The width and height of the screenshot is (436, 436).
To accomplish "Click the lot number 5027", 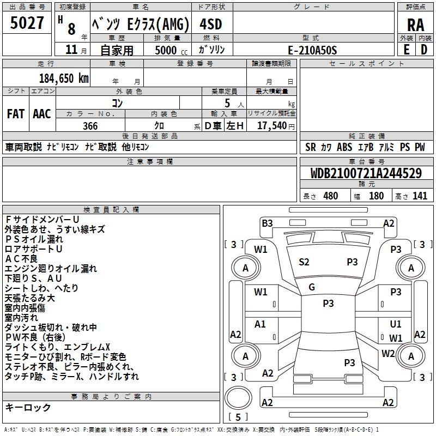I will [x=27, y=23].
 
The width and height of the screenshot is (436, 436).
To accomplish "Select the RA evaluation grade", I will [x=415, y=25].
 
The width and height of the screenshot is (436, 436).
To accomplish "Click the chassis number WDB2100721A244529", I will [x=366, y=174].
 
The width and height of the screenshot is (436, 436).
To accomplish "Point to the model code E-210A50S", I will [x=312, y=50].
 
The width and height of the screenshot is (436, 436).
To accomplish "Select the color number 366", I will [x=90, y=126].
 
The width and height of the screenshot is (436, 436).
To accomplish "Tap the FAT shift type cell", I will [x=15, y=114].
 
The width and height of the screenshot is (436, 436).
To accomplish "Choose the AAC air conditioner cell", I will [x=42, y=114].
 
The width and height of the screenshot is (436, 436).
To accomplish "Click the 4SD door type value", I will [x=210, y=25].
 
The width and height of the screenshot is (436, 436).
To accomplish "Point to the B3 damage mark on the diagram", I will [x=267, y=223].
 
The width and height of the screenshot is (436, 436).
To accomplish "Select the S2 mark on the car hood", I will [x=304, y=262].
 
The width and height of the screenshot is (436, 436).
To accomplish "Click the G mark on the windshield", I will [x=312, y=287].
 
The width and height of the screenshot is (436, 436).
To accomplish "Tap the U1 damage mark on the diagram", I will [x=396, y=324].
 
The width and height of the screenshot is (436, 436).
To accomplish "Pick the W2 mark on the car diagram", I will [x=388, y=353].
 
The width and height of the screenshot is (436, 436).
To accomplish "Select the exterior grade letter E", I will [x=406, y=50].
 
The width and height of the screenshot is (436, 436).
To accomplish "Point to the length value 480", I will [x=330, y=196].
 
